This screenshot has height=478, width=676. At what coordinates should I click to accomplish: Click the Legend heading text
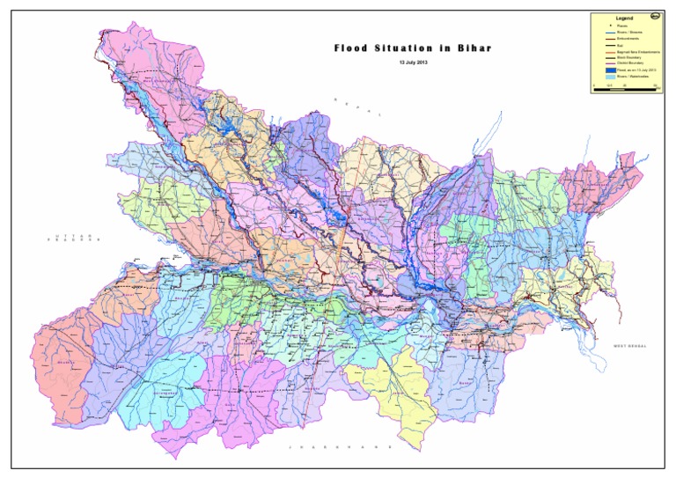(x=625, y=18)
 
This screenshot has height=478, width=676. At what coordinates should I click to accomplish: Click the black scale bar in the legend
(x=624, y=85)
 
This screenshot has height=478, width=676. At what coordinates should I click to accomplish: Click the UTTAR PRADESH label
(x=77, y=239)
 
